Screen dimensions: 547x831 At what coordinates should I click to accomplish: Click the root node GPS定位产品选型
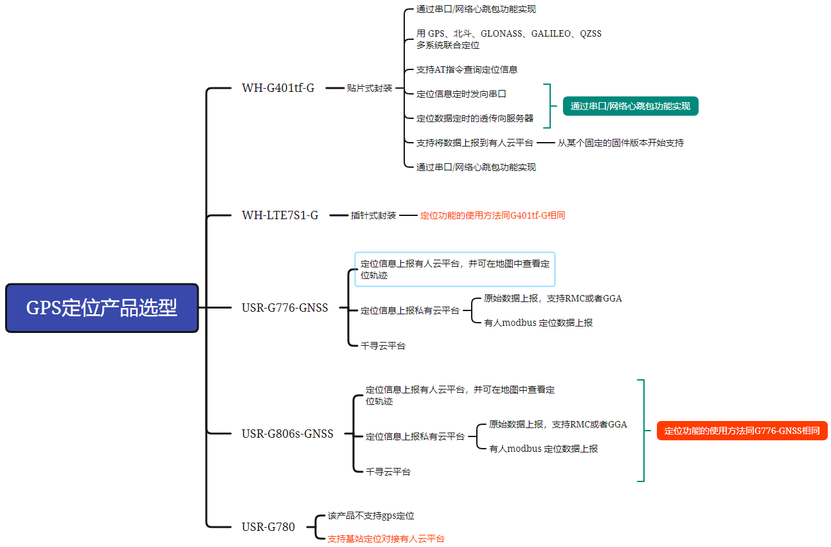pos(102,308)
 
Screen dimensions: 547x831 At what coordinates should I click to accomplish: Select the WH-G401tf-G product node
pos(278,88)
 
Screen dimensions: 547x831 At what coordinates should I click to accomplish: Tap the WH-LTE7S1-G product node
pos(280,215)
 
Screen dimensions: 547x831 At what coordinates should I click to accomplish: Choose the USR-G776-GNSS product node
pos(285,308)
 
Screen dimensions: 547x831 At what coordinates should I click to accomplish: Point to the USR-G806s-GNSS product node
pos(287,434)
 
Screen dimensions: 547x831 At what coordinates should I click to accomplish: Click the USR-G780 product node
pos(268,527)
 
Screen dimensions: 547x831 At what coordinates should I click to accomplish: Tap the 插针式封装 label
pos(373,215)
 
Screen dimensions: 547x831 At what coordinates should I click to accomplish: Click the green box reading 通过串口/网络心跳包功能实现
pos(630,106)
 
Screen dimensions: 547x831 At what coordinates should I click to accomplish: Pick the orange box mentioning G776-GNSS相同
pos(742,431)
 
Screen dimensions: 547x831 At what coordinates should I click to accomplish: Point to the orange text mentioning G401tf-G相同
pos(492,216)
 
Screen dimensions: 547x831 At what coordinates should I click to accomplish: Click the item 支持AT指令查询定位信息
pos(467,69)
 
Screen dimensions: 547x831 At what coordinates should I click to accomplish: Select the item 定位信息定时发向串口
pos(461,94)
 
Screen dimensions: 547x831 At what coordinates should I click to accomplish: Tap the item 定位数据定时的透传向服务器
pos(474,118)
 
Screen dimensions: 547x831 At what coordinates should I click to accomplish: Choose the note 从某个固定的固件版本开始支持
pos(620,143)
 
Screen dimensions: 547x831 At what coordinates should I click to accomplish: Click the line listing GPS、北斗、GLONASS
pos(508,34)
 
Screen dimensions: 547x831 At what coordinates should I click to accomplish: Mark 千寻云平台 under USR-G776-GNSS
pos(382,346)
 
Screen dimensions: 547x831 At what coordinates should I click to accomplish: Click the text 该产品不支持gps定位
pos(371,516)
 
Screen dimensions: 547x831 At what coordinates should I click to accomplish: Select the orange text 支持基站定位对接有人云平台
pos(386,539)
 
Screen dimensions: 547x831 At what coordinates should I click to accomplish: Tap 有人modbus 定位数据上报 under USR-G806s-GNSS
pos(543,449)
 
